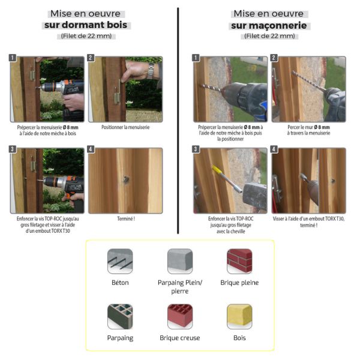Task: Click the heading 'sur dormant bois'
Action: click(x=86, y=25)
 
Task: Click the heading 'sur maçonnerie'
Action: click(x=269, y=25)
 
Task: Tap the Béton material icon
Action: click(x=120, y=261)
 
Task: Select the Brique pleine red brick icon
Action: click(x=239, y=261)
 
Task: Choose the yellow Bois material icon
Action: click(x=239, y=317)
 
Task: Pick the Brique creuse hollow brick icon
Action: click(x=180, y=317)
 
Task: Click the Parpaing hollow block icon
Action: click(x=120, y=317)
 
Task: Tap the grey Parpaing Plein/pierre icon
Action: click(x=180, y=261)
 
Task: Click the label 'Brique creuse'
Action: click(x=180, y=338)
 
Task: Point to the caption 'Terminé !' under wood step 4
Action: click(x=126, y=219)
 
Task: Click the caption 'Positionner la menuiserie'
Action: click(x=125, y=127)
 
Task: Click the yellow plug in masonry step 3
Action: click(x=217, y=170)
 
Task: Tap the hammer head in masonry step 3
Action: click(x=255, y=196)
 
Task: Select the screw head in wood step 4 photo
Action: click(x=126, y=179)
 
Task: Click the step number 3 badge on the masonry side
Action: click(x=196, y=149)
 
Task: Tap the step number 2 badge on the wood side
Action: click(x=91, y=58)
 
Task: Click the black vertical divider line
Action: click(x=178, y=121)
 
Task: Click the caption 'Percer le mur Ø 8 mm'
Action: click(x=308, y=127)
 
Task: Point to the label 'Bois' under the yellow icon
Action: click(x=239, y=338)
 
